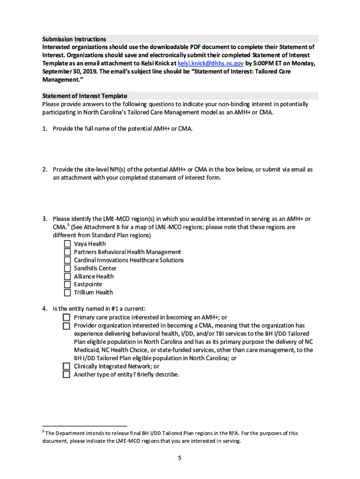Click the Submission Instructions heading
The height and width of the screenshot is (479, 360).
point(74,39)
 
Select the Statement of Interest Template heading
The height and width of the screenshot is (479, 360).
point(84,96)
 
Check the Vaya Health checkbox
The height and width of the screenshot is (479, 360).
point(67,244)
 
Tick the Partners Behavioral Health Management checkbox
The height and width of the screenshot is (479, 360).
point(67,252)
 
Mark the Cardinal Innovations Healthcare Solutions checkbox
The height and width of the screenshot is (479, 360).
point(67,260)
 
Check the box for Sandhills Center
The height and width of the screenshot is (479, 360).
point(67,269)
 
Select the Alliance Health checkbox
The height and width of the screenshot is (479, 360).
point(67,276)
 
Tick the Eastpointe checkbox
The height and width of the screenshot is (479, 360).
point(67,284)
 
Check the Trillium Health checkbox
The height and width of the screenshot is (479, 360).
point(67,292)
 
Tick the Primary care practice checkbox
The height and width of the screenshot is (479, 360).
point(66,317)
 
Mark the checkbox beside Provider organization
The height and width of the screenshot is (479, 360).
point(66,326)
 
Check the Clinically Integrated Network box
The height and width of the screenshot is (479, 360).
point(66,366)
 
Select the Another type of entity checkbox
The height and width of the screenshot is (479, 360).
point(66,375)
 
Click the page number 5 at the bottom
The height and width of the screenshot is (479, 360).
point(179,457)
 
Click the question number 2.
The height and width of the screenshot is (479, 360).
point(44,169)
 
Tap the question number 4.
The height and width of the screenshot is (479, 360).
point(44,309)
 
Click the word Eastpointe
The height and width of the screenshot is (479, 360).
point(88,284)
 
